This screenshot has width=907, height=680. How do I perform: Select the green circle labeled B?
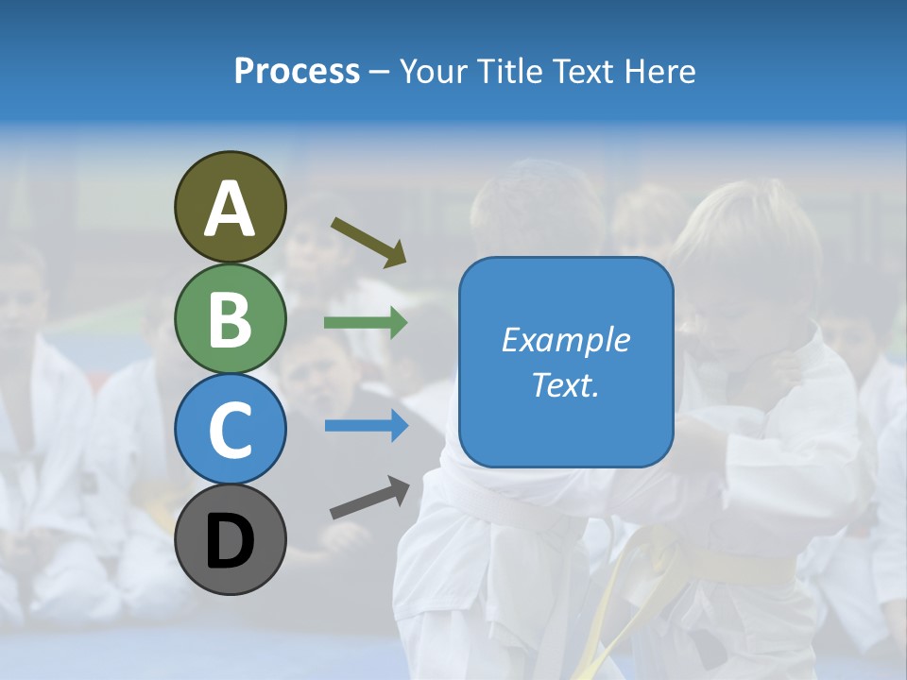230,319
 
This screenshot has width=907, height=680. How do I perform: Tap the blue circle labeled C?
230,429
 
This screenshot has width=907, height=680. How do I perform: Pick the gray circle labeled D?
230,539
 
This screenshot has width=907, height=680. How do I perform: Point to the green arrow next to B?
366,323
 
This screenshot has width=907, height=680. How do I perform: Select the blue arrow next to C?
366,426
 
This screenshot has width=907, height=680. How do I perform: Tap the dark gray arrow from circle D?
369,499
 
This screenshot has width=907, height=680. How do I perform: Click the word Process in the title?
297,72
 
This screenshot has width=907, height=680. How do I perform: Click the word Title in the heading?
508,72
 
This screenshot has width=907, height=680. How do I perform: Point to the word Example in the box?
565,340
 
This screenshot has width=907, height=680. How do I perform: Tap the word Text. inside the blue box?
565,384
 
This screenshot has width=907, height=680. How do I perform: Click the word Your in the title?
435,72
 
